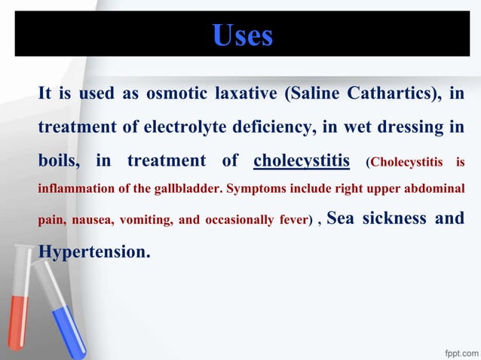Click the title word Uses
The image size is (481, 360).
tap(242, 35)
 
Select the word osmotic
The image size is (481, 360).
tap(173, 93)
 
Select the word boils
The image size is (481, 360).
tap(59, 160)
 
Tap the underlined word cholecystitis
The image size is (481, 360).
tap(302, 160)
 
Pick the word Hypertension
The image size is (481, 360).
tap(93, 252)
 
